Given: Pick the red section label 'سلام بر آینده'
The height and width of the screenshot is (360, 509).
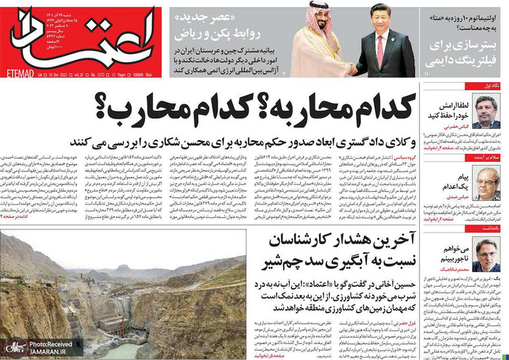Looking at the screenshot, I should click(x=486, y=158).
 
